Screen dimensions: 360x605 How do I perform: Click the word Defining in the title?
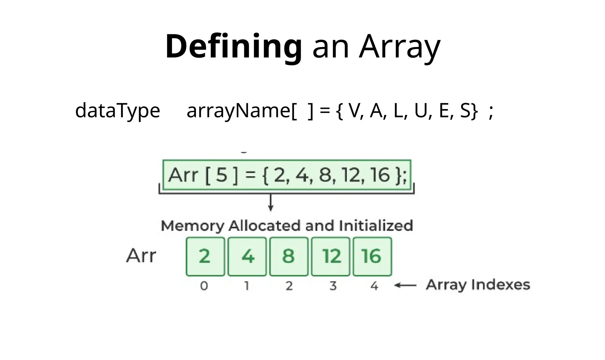(x=233, y=47)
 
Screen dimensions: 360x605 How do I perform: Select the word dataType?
(x=118, y=111)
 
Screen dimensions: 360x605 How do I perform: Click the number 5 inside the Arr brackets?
(x=222, y=175)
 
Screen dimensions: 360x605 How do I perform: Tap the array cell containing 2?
(x=205, y=256)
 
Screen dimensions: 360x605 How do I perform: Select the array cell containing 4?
(x=247, y=256)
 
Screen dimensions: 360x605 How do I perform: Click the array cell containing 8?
(x=289, y=256)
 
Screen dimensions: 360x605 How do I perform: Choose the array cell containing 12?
(x=331, y=256)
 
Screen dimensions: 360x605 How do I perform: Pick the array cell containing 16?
(x=372, y=256)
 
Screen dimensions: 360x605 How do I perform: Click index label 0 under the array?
(x=204, y=286)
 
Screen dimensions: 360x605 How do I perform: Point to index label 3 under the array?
(x=333, y=286)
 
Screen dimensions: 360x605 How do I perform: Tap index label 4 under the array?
(x=374, y=286)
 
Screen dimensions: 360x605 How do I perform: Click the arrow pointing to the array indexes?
(x=406, y=285)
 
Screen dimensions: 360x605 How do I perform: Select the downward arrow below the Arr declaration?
(x=271, y=203)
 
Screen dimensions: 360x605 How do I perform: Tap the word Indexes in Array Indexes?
(x=500, y=285)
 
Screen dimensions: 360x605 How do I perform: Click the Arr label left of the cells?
(x=141, y=256)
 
